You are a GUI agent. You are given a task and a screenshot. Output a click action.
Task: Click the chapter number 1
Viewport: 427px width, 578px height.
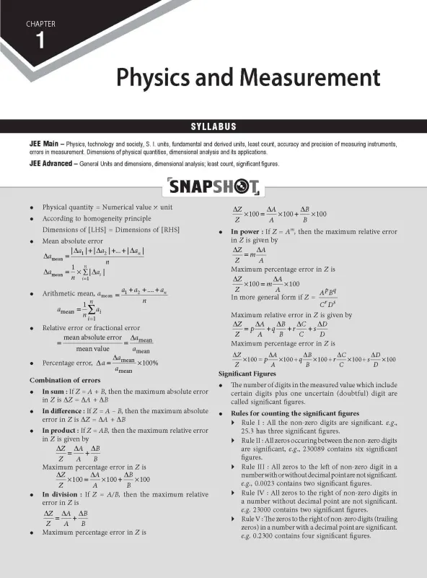[x=40, y=41]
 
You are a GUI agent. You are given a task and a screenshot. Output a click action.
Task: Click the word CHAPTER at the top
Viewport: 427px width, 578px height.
[x=41, y=24]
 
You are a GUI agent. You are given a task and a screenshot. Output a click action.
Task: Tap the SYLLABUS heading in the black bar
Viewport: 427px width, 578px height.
[x=213, y=126]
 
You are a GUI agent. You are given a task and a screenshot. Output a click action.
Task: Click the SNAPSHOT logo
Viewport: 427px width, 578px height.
[x=213, y=189]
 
